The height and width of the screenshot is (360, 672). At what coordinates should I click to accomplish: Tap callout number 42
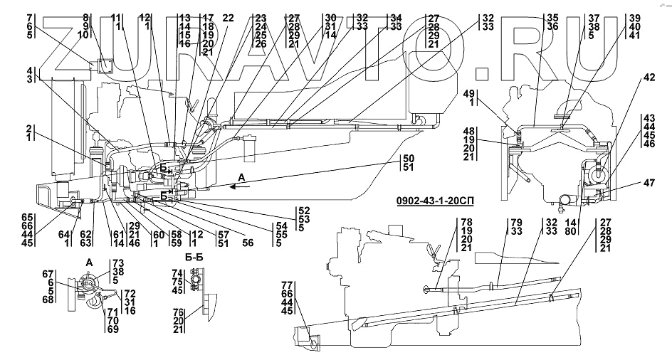649,79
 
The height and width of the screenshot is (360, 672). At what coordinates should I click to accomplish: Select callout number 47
649,183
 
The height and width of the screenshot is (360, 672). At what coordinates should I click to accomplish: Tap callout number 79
516,222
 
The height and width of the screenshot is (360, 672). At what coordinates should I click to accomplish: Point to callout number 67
48,274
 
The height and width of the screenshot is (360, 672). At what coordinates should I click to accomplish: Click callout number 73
119,264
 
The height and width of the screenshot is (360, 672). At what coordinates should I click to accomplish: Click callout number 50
409,158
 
